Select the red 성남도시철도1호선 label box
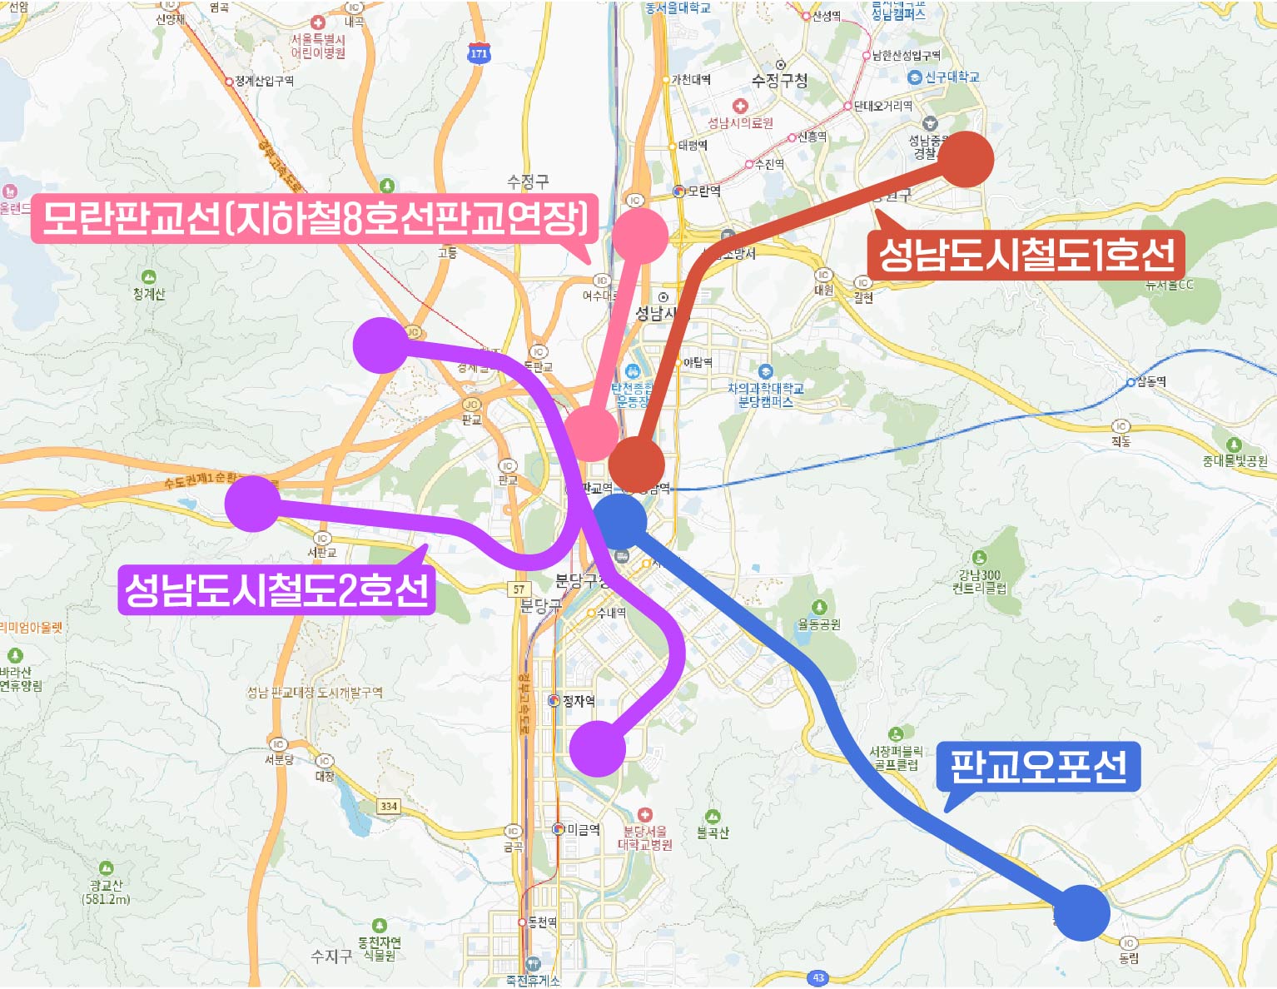pyautogui.click(x=1026, y=254)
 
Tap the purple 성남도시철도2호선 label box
pyautogui.click(x=276, y=589)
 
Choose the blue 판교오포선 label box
pyautogui.click(x=1038, y=766)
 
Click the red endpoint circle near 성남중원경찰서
pyautogui.click(x=966, y=158)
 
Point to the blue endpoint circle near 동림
pyautogui.click(x=1082, y=912)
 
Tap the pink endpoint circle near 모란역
pyautogui.click(x=639, y=236)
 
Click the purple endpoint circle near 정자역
pyautogui.click(x=597, y=748)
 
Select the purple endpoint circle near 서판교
pyautogui.click(x=253, y=504)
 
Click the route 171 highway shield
pyautogui.click(x=479, y=53)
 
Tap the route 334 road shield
pyautogui.click(x=389, y=806)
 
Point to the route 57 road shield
pyautogui.click(x=519, y=589)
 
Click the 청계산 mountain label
pyautogui.click(x=149, y=294)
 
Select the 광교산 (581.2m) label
pyautogui.click(x=106, y=892)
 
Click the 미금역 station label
pyautogui.click(x=583, y=829)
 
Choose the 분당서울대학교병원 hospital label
pyautogui.click(x=645, y=837)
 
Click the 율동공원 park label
pyautogui.click(x=819, y=624)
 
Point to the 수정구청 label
pyautogui.click(x=779, y=81)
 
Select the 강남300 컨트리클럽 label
pyautogui.click(x=979, y=581)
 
